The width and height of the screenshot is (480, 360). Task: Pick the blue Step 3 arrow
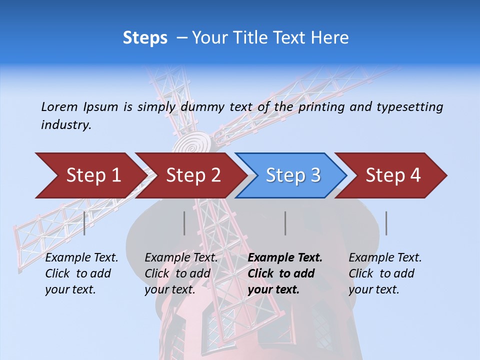pyautogui.click(x=293, y=175)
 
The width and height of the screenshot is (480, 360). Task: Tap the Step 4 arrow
pyautogui.click(x=393, y=175)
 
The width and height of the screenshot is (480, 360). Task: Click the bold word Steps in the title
pyautogui.click(x=145, y=37)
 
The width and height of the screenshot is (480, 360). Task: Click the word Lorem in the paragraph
pyautogui.click(x=59, y=106)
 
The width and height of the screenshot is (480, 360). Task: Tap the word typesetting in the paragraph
pyautogui.click(x=409, y=106)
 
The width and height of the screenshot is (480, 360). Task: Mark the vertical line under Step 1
pyautogui.click(x=84, y=223)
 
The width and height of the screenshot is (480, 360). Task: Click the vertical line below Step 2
pyautogui.click(x=184, y=223)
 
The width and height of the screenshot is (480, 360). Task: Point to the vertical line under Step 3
pyautogui.click(x=285, y=223)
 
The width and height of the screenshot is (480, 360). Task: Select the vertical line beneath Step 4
pyautogui.click(x=386, y=223)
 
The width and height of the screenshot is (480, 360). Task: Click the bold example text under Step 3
pyautogui.click(x=285, y=273)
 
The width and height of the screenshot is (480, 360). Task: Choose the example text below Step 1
pyautogui.click(x=81, y=273)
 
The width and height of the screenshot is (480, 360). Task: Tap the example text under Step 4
pyautogui.click(x=385, y=273)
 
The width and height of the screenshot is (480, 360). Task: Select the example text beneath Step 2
pyautogui.click(x=181, y=273)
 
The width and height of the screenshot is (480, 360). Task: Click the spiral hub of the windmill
pyautogui.click(x=193, y=142)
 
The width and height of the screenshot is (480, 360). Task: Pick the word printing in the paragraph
pyautogui.click(x=320, y=106)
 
